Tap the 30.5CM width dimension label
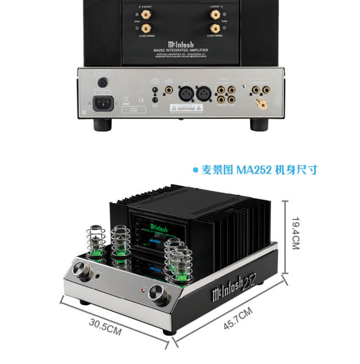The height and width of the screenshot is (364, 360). pyautogui.click(x=105, y=328)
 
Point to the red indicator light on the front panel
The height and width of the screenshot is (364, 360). pyautogui.click(x=143, y=290)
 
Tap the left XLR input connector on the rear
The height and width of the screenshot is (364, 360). pyautogui.click(x=187, y=94)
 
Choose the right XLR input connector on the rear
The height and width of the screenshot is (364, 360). pyautogui.click(x=203, y=94)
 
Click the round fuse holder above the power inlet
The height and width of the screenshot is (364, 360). pyautogui.click(x=102, y=83)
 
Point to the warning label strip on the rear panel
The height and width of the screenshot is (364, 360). pyautogui.click(x=185, y=108)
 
